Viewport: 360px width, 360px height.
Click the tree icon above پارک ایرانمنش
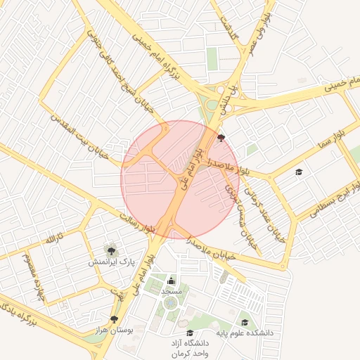point(110,250)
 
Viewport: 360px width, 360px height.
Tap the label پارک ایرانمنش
point(110,262)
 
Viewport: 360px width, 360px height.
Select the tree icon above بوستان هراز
point(114,319)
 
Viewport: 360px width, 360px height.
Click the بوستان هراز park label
point(114,330)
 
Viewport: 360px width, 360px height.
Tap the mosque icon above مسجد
point(172,281)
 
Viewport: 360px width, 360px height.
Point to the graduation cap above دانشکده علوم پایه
point(245,322)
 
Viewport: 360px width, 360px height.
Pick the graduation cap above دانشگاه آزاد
point(190,333)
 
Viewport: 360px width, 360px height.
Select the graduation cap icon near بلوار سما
point(299,172)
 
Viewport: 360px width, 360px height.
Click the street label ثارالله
point(54,237)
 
